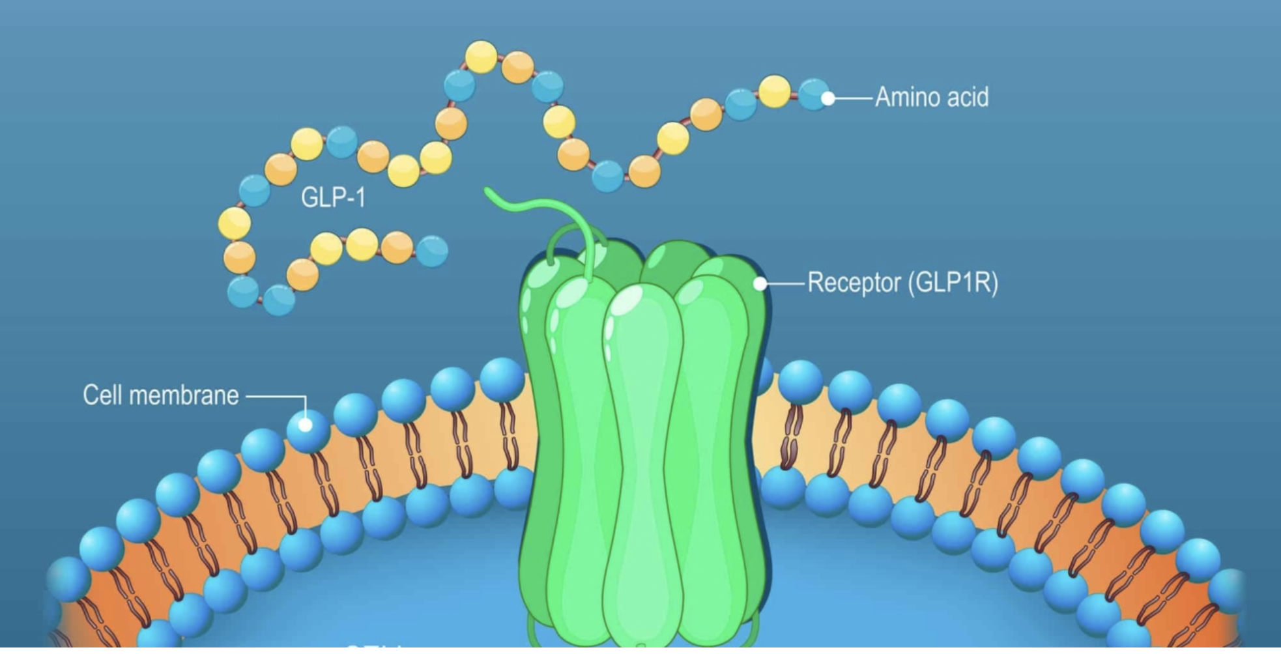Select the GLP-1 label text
pyautogui.click(x=333, y=197)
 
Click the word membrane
pyautogui.click(x=184, y=395)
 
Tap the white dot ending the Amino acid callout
pyautogui.click(x=828, y=98)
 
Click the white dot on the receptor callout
pyautogui.click(x=760, y=283)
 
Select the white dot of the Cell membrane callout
pyautogui.click(x=305, y=425)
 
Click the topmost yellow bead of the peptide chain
pyautogui.click(x=481, y=57)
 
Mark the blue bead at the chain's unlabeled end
pyautogui.click(x=432, y=251)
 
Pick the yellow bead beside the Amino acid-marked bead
pyautogui.click(x=775, y=91)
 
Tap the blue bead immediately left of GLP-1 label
pyautogui.click(x=254, y=190)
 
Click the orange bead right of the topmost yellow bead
pyautogui.click(x=518, y=68)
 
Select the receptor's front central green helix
pyautogui.click(x=642, y=456)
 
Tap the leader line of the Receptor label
pyautogui.click(x=785, y=283)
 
